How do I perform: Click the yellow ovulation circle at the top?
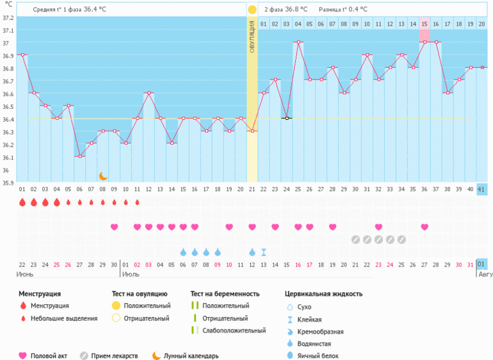252,10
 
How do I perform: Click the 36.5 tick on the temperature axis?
7,107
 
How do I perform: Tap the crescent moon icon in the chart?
103,176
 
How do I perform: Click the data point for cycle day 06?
79,157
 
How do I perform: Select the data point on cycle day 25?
298,42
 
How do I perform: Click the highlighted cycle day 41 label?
482,189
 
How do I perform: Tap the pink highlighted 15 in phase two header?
424,24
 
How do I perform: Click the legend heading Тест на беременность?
225,294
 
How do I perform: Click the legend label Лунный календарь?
191,356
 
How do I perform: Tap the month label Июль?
131,274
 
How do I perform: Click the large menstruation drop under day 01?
22,202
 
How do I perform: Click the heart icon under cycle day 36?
424,227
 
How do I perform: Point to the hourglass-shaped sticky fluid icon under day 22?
264,252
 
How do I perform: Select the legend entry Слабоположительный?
234,331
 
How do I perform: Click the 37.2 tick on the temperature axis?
7,17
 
